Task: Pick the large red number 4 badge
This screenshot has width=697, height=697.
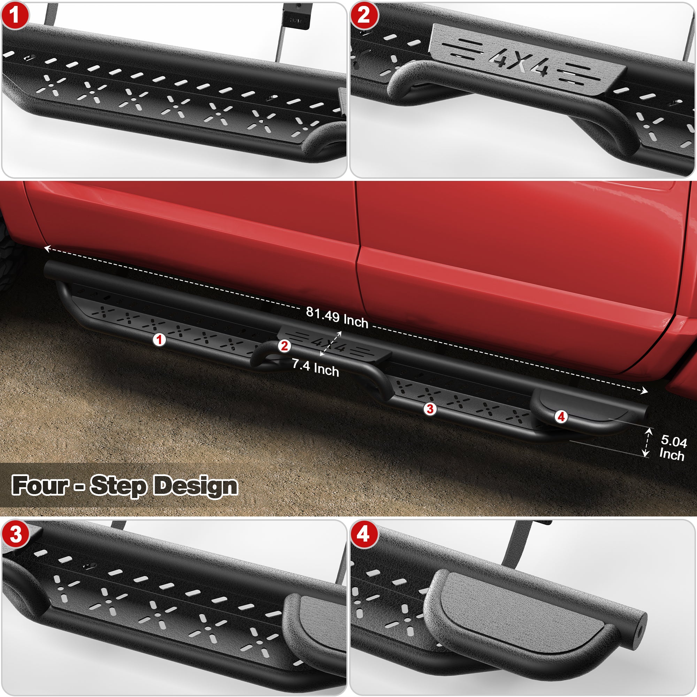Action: (x=363, y=534)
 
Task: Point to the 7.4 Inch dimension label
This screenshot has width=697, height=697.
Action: (x=315, y=368)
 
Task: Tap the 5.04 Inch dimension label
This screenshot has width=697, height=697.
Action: (x=673, y=448)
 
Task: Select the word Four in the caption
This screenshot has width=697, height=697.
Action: (x=40, y=485)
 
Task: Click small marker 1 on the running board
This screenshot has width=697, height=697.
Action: (x=159, y=339)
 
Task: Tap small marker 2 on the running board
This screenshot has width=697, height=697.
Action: (x=284, y=346)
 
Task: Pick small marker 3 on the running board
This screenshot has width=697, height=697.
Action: (x=430, y=409)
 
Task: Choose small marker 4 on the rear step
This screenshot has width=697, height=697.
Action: (x=561, y=417)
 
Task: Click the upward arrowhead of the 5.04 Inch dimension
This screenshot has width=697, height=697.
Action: (x=649, y=430)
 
